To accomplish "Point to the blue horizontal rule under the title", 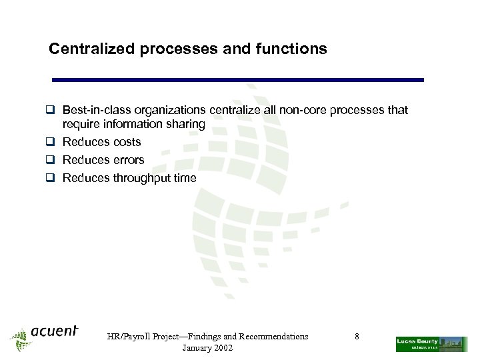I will pyautogui.click(x=238, y=80).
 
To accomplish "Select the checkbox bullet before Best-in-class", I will pyautogui.click(x=53, y=110).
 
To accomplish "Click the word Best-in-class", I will pyautogui.click(x=97, y=110).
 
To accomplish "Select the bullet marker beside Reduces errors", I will pyautogui.click(x=53, y=160).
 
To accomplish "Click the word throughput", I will pyautogui.click(x=142, y=178).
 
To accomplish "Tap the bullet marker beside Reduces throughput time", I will pyautogui.click(x=53, y=178).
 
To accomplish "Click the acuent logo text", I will pyautogui.click(x=54, y=331).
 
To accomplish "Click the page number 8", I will pyautogui.click(x=357, y=337).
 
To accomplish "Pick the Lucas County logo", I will pyautogui.click(x=431, y=344).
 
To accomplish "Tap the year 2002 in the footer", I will pyautogui.click(x=221, y=349).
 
